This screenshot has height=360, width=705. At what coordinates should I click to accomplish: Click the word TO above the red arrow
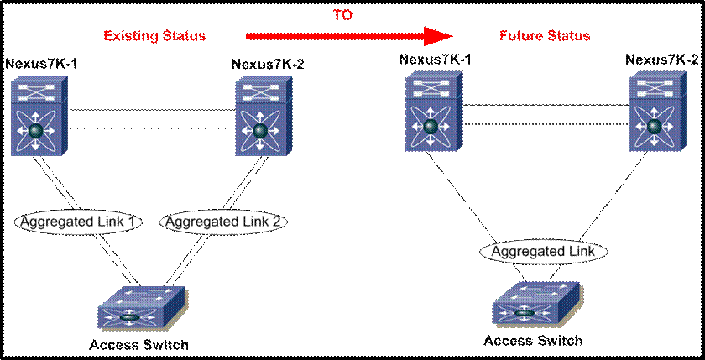tap(343, 14)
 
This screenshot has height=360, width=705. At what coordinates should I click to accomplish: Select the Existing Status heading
tap(154, 36)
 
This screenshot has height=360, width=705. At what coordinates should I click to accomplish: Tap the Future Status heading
tap(545, 36)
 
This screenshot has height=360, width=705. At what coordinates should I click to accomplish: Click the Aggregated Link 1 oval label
tap(77, 222)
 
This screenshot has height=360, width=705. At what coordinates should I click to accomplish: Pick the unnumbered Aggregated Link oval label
tap(543, 251)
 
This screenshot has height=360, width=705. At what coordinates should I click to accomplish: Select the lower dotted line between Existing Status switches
tap(151, 128)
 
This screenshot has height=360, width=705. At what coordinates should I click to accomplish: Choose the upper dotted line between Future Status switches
tap(543, 105)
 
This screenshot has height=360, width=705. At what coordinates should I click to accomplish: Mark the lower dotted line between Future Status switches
tap(543, 124)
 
